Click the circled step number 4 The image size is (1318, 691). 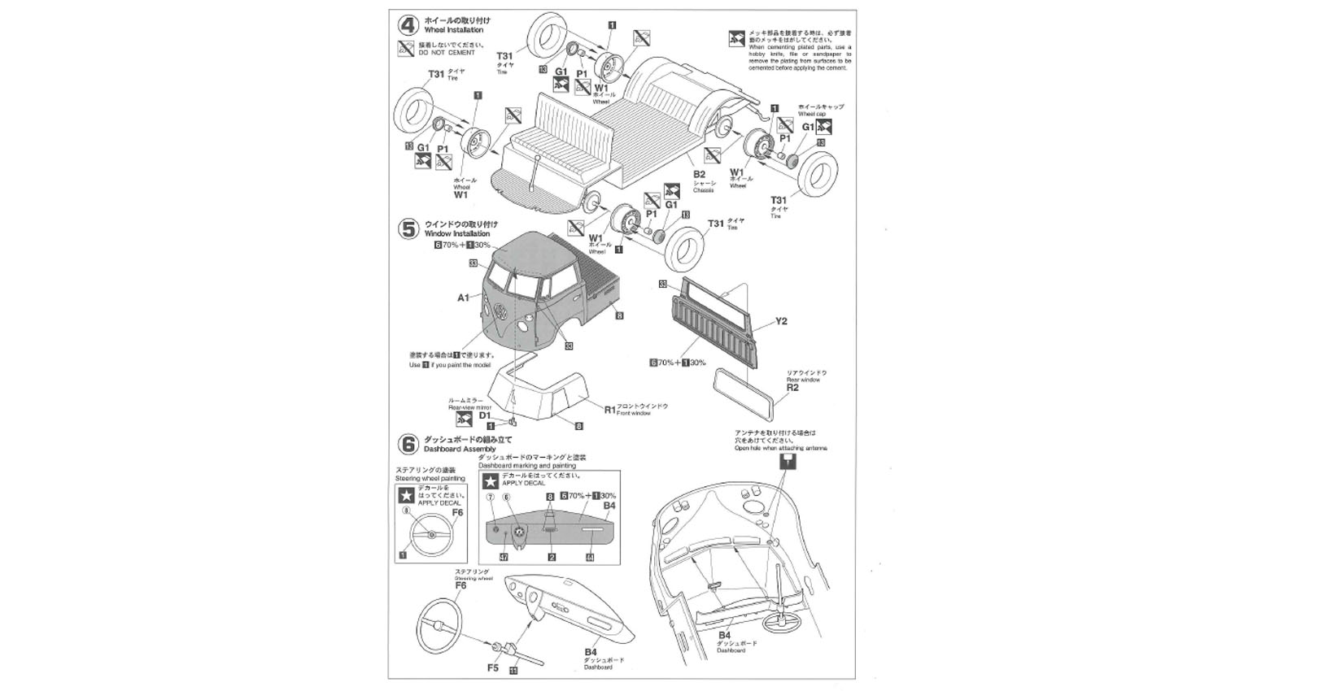click(x=408, y=24)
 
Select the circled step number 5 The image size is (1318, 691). click(x=408, y=228)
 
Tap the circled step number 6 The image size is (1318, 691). click(x=408, y=444)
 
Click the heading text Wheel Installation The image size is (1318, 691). click(x=458, y=30)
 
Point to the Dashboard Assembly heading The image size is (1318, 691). click(x=460, y=449)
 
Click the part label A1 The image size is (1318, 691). click(x=463, y=298)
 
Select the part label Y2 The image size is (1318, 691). click(x=781, y=321)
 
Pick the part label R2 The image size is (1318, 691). click(x=792, y=388)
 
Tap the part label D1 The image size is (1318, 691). click(x=485, y=415)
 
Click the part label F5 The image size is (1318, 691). click(x=493, y=667)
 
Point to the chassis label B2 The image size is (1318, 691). click(x=699, y=173)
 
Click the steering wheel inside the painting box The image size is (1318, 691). click(x=429, y=537)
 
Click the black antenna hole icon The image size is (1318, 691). click(x=787, y=462)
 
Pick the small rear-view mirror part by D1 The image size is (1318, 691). click(x=513, y=422)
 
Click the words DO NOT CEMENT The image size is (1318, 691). click(x=446, y=53)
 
